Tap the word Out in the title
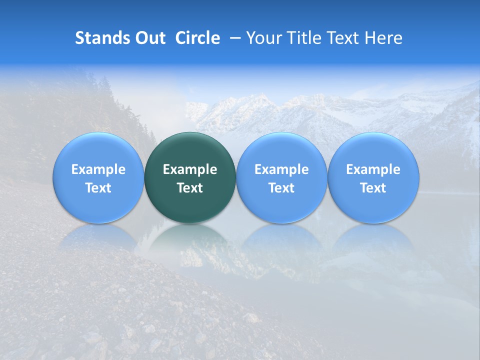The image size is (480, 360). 149,38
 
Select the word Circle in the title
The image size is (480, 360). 197,38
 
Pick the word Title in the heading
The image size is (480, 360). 306,38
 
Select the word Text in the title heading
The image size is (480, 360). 346,38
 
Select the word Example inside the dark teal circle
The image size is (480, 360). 190,169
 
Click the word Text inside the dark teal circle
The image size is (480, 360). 190,188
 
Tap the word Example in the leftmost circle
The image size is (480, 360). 98,169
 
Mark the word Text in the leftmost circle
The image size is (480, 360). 98,188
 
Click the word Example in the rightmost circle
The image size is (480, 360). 373,169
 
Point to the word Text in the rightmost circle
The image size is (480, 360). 373,188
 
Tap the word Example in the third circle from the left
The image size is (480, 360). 281,169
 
